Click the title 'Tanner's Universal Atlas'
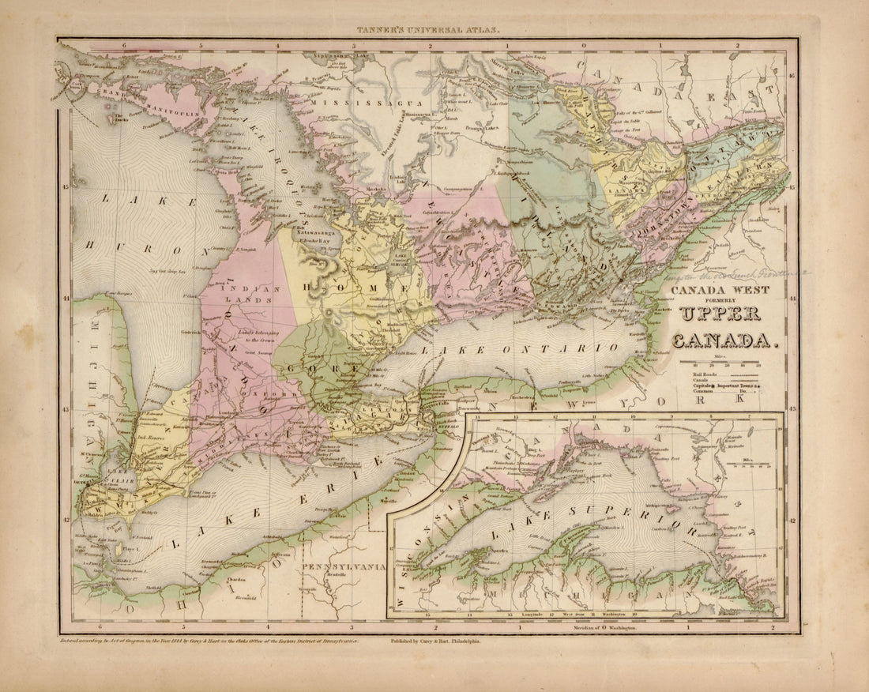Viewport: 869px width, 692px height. click(x=427, y=29)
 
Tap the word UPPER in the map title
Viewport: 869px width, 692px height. click(x=718, y=314)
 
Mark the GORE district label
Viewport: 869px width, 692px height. click(x=312, y=370)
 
